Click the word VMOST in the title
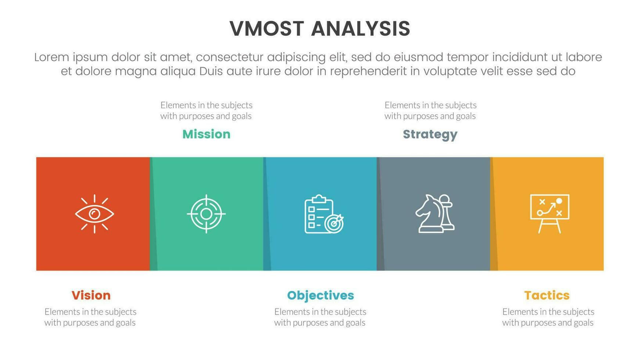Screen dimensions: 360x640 point(267,29)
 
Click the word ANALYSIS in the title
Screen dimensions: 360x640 point(360,29)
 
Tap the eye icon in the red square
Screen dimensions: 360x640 point(94,214)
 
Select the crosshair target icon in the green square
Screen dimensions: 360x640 point(206,214)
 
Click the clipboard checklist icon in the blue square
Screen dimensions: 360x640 point(323,214)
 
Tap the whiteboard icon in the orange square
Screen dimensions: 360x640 point(550,213)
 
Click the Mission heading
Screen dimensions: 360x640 point(206,134)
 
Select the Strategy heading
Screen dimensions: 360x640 point(430,134)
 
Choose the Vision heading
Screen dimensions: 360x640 point(91,295)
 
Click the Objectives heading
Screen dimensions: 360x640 point(320,295)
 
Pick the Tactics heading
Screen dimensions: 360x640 point(547,295)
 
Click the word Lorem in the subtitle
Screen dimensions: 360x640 point(51,57)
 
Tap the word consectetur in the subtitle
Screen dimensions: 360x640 point(229,57)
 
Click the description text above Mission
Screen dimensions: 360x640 point(206,111)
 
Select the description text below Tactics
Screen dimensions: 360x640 point(548,317)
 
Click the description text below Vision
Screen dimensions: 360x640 point(90,317)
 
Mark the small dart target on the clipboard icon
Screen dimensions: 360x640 point(334,223)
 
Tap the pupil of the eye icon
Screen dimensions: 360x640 point(95,213)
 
